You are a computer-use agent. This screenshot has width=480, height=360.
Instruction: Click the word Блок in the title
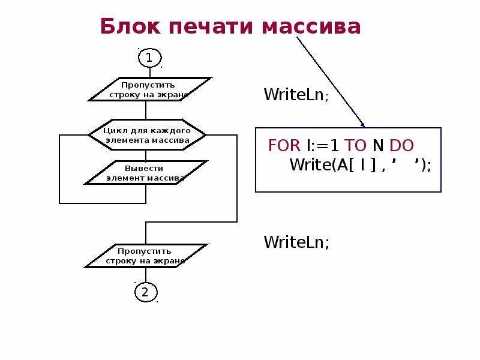coord(130,26)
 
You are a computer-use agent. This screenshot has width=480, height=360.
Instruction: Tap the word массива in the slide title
coord(311,26)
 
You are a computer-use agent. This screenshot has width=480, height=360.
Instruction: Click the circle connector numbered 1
coord(149,58)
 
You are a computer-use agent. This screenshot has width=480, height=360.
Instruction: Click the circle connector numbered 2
coord(145,292)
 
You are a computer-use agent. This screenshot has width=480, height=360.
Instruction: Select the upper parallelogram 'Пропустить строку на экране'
coord(149,89)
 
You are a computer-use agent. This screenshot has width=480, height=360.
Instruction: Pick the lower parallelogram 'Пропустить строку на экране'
coord(145,256)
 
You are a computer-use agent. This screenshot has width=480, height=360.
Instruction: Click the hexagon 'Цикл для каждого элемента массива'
coord(147,135)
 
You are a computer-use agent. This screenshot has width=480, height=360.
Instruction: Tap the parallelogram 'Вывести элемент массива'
coord(145,173)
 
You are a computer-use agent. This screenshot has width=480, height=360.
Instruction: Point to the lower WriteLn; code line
coord(296,242)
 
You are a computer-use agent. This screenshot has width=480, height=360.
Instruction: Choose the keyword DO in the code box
coord(401,146)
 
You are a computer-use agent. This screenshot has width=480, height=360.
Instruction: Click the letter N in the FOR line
coord(378,146)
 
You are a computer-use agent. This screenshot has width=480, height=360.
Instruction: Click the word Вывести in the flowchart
coord(144,168)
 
